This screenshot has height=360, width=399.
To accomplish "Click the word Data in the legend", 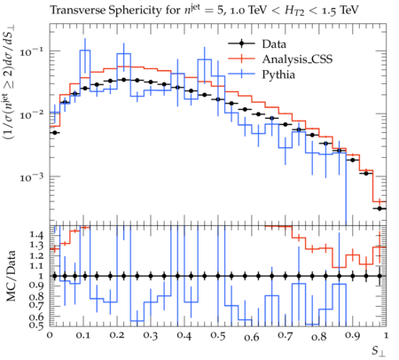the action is (274, 44).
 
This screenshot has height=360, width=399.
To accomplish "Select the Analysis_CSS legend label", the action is (297, 59).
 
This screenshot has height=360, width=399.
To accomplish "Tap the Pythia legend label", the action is (278, 74).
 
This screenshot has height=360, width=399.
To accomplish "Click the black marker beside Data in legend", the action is (241, 44).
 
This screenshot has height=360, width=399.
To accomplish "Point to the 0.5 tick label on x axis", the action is (218, 336).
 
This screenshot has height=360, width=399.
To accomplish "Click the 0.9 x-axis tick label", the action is (353, 336).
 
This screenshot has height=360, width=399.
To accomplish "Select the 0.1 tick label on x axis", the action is (83, 336).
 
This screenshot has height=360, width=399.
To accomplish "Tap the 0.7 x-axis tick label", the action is (286, 336).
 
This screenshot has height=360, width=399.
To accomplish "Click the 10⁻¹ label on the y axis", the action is (31, 52).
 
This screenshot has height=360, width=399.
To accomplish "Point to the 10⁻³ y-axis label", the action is (31, 177).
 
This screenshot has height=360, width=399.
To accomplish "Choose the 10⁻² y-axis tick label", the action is (31, 114).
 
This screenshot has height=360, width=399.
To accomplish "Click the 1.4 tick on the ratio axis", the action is (36, 235).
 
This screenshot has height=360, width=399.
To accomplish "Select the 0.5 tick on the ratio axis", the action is (36, 325).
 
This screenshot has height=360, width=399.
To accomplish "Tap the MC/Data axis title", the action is (11, 276).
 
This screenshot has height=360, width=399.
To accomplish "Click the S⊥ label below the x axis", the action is (379, 351).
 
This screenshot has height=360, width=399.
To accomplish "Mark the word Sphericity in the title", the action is (137, 11).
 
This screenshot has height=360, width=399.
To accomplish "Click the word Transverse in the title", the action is (78, 11).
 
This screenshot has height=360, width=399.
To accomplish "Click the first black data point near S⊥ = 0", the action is (54, 133).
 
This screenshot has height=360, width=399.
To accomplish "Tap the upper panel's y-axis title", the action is (10, 82).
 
